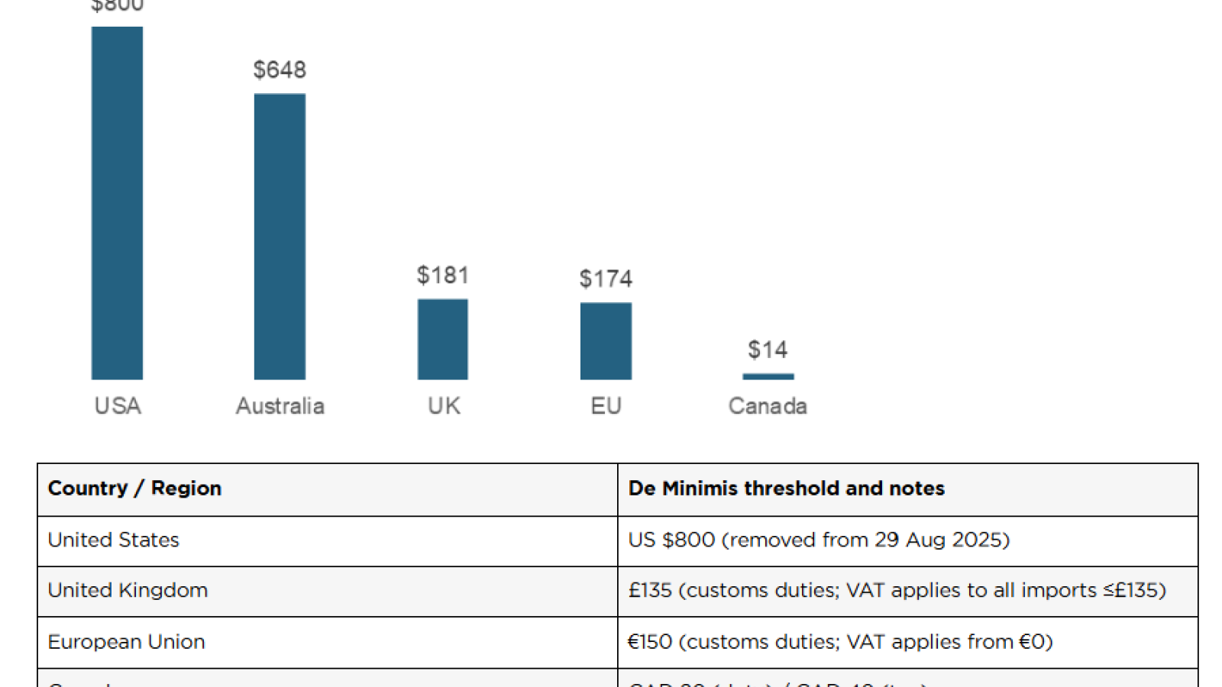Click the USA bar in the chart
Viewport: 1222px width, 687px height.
117,203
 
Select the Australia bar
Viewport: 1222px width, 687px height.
280,237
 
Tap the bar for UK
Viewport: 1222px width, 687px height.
442,339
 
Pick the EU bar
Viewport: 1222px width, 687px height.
606,340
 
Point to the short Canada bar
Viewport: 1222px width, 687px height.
768,376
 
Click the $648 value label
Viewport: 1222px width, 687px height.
280,70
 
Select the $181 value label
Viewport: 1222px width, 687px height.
442,275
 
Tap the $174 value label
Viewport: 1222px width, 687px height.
606,279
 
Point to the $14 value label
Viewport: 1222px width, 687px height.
768,350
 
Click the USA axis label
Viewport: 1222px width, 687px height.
118,405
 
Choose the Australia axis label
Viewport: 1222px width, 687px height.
280,405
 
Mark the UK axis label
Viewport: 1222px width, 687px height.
444,405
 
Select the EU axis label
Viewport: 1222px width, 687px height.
606,405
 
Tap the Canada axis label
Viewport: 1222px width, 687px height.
768,405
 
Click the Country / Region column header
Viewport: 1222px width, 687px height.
134,489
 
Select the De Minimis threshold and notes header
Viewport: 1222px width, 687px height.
786,489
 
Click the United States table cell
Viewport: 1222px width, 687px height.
113,540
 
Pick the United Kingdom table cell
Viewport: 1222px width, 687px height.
128,591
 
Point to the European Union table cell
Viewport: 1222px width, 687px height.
126,642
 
